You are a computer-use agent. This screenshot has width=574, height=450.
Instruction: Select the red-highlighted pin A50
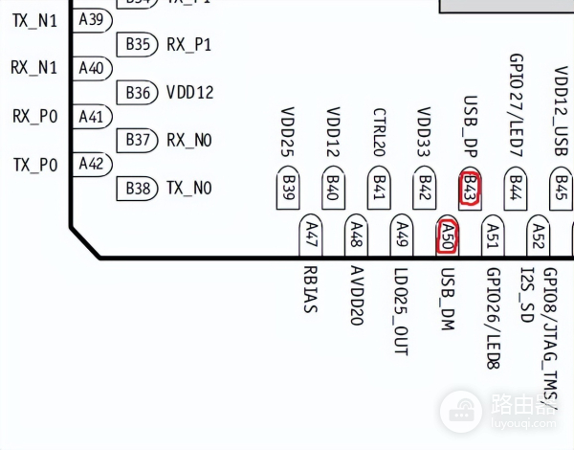pyautogui.click(x=446, y=236)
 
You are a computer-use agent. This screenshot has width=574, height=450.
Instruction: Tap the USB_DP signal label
pyautogui.click(x=471, y=128)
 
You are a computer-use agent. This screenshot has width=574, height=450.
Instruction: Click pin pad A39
pyautogui.click(x=92, y=19)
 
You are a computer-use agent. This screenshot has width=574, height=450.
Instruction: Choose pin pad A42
pyautogui.click(x=92, y=164)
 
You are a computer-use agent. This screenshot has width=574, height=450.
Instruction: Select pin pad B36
pyautogui.click(x=139, y=93)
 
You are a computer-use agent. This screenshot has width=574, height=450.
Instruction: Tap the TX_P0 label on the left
pyautogui.click(x=35, y=164)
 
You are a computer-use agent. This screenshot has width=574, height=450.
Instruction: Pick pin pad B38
pyautogui.click(x=139, y=189)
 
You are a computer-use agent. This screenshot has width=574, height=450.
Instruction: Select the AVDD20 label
pyautogui.click(x=356, y=296)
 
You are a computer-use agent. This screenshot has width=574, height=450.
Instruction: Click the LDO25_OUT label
pyautogui.click(x=401, y=312)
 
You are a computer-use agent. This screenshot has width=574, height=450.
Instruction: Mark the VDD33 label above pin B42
pyautogui.click(x=425, y=133)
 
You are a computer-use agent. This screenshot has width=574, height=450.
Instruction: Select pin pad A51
pyautogui.click(x=492, y=236)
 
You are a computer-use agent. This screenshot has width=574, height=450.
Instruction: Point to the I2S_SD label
pyautogui.click(x=538, y=295)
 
